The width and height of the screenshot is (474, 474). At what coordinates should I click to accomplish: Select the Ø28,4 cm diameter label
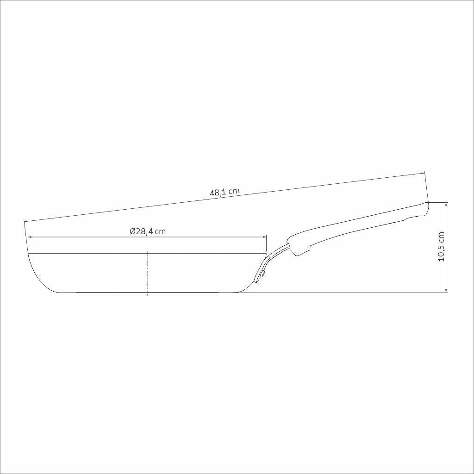147,231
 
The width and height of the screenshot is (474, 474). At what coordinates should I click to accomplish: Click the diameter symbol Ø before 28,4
132,231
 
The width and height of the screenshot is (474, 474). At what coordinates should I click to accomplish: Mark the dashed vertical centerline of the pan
147,273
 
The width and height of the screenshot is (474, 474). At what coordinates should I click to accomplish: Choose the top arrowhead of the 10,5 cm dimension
446,204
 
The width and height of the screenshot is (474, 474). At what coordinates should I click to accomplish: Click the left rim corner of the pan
29,254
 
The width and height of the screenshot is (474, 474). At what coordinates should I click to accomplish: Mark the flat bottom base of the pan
147,293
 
